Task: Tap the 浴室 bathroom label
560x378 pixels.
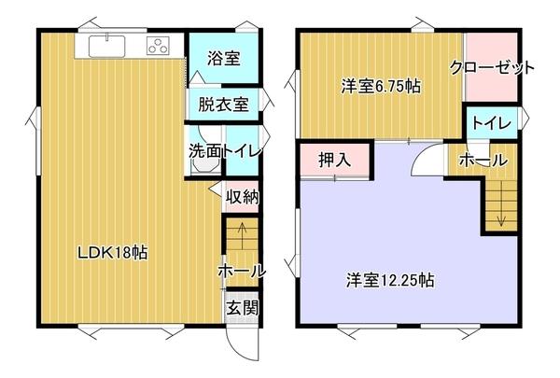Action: point(224,58)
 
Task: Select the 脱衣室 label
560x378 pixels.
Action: point(223,104)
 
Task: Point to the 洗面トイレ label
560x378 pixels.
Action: point(224,149)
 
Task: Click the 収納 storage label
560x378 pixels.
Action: point(241,197)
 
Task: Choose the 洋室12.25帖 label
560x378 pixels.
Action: point(390,279)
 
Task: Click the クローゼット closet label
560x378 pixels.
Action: point(492,67)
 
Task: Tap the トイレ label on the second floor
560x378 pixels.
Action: point(491,123)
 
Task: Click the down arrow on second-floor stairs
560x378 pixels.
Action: point(501,217)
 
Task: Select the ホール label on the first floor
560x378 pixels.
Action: point(242,271)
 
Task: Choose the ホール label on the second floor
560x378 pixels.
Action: point(483,161)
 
